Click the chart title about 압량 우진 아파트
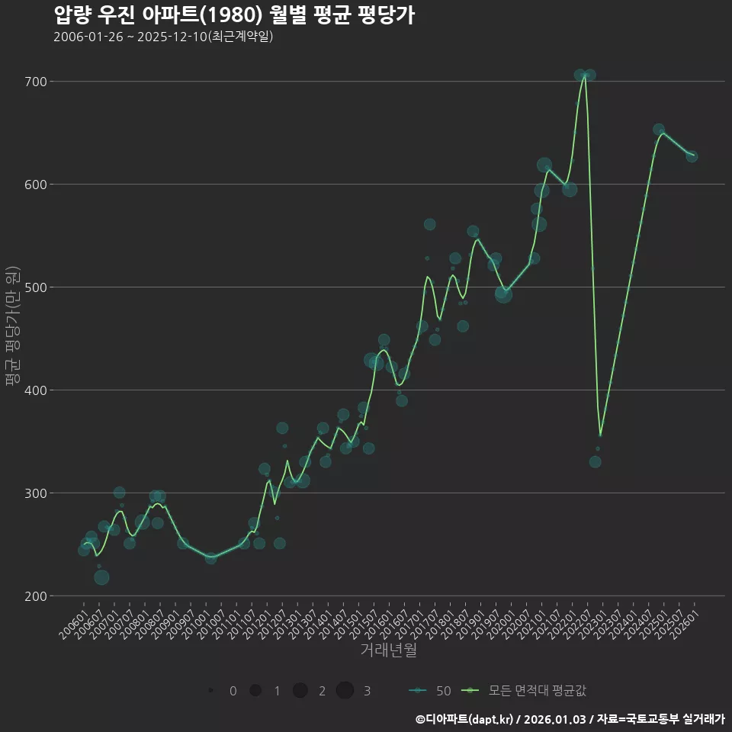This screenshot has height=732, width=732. point(234,15)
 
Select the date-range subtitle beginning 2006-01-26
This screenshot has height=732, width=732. point(163,37)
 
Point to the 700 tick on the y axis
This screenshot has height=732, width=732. point(36,82)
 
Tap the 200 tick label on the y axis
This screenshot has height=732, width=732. point(36,596)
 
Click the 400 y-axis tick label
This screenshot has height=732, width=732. point(36,390)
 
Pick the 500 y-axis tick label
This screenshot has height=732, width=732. point(36,287)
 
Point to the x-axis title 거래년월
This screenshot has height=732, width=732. point(388,650)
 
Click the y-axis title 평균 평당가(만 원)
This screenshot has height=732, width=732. point(13,326)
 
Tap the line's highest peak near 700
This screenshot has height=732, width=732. point(585,75)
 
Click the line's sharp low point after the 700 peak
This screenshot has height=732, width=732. point(600,435)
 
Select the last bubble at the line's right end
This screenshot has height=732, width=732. point(692,156)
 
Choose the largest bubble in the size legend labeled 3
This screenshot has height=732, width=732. point(345,690)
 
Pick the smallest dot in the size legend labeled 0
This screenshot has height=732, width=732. point(211,690)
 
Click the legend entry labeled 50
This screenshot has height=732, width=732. point(429,691)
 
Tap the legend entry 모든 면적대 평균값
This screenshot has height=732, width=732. point(523,691)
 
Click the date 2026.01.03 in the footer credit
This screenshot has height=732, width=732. point(554,719)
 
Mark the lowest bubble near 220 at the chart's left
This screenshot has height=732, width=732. point(101,577)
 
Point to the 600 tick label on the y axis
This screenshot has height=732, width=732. point(36,185)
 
